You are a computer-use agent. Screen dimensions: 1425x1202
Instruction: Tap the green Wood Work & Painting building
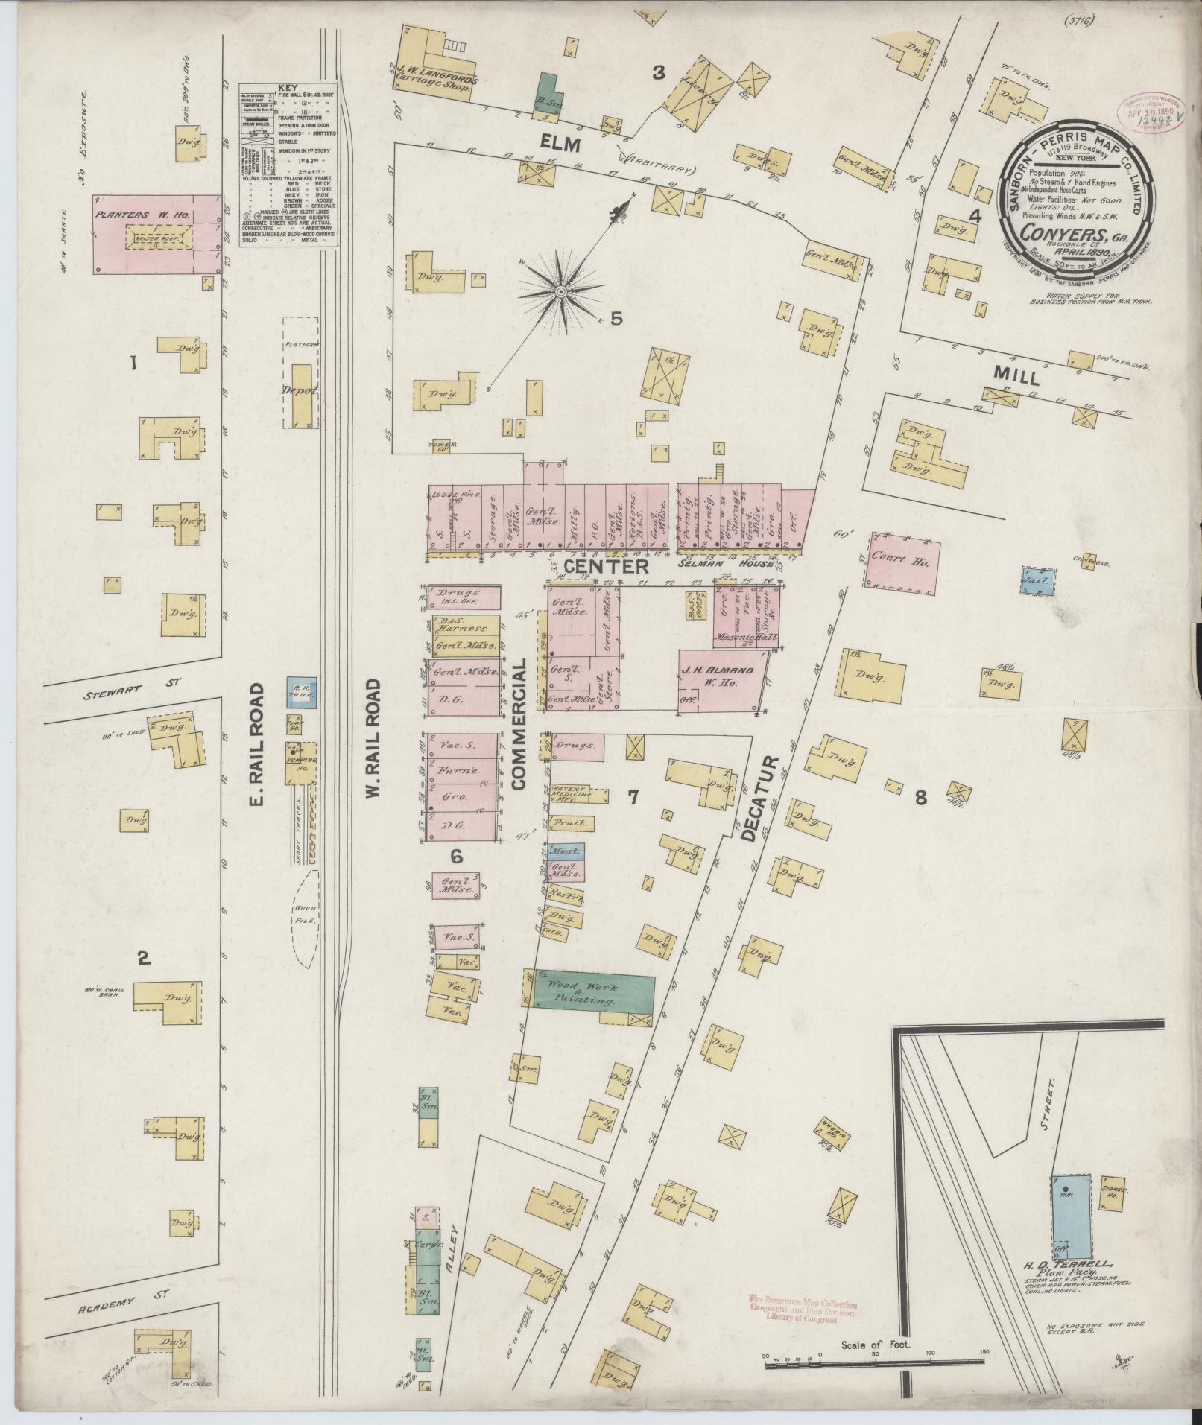[x=592, y=994]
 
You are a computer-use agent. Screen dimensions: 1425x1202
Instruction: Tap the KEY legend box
[x=288, y=165]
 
